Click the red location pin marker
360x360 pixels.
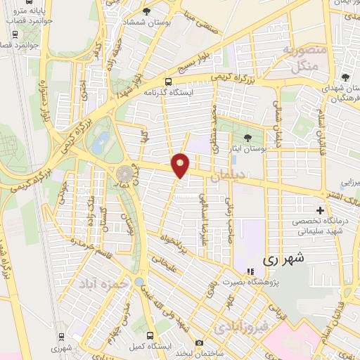181,165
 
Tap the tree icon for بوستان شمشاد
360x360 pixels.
146,12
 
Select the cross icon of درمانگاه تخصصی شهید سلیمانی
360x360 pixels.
321,210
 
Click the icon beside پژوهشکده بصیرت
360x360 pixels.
248,272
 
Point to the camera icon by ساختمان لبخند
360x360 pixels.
200,342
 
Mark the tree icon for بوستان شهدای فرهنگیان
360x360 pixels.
345,77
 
